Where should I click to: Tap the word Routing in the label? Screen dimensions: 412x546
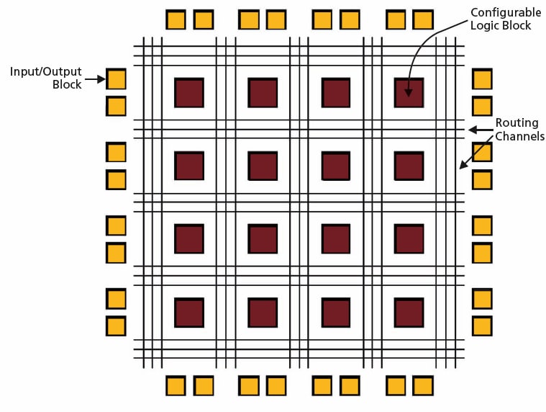[x=517, y=123]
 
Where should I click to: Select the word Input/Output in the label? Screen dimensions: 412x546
[x=45, y=72]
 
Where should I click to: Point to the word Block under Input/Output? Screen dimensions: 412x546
[x=67, y=85]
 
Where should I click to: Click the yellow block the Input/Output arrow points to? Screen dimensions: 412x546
[x=117, y=79]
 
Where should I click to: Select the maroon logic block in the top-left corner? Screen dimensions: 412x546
[x=189, y=93]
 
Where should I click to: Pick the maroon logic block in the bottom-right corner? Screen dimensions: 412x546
[x=409, y=313]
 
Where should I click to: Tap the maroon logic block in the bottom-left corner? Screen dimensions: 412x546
[x=189, y=313]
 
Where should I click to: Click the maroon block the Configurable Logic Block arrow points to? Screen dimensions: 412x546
[x=409, y=93]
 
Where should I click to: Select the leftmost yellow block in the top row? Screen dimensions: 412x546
[x=176, y=19]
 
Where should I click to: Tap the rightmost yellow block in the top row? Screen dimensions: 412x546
[x=424, y=19]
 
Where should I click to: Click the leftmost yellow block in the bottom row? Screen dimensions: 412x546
[x=176, y=386]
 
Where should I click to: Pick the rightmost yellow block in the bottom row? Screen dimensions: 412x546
[x=424, y=386]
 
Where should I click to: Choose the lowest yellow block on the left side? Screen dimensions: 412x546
[x=117, y=326]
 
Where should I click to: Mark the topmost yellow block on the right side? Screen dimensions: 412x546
[x=482, y=79]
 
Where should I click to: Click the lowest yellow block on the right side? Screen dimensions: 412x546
[x=482, y=326]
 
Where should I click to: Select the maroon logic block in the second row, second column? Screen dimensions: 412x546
[x=263, y=166]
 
